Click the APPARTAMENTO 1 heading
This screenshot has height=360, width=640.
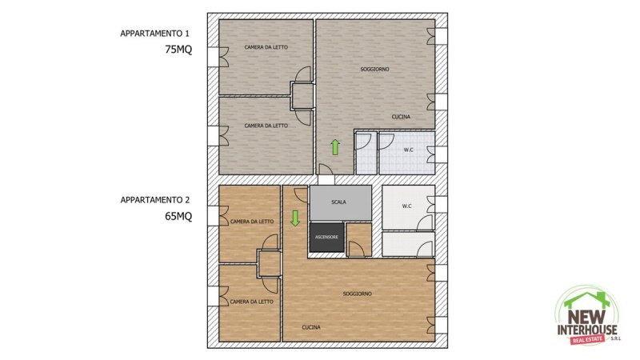point(154,34)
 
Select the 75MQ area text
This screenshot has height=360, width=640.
point(178,49)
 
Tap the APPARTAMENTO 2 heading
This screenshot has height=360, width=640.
point(154,199)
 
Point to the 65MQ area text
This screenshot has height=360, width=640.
point(178,216)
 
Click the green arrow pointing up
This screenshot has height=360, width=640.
point(335,147)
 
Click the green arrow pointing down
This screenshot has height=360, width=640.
point(295,218)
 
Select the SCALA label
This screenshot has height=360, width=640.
point(338,202)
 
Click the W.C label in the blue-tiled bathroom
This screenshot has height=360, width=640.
point(408,150)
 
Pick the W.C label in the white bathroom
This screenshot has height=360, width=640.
point(406,206)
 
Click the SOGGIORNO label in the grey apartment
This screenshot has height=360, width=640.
point(374,70)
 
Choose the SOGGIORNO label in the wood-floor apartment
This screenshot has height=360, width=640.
point(357,294)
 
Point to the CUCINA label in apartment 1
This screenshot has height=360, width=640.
point(401,118)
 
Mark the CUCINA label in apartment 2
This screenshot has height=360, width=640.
point(312,327)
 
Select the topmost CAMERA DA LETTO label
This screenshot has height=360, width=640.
point(266,48)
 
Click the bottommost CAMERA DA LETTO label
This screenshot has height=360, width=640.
point(252,302)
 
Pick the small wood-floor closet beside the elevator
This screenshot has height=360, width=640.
point(359,238)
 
